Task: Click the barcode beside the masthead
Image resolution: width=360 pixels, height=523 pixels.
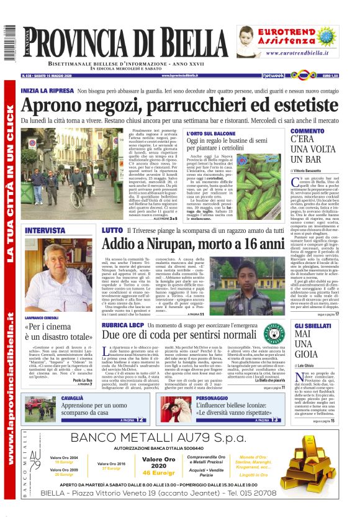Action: click(x=9, y=43)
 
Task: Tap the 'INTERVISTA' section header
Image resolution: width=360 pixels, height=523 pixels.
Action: click(x=45, y=230)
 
